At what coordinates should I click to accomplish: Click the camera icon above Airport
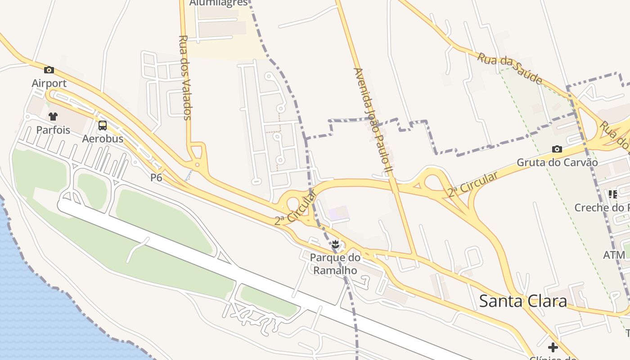pos(49,70)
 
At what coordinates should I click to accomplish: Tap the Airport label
pos(49,83)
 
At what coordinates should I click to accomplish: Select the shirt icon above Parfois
pos(53,117)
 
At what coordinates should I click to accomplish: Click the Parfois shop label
pos(53,130)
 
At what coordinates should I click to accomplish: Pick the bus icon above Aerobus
pos(103,125)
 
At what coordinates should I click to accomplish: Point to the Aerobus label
pos(103,139)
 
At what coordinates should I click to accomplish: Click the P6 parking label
pos(156,178)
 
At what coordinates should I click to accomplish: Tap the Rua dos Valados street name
pos(185,77)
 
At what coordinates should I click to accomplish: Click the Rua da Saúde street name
pos(509,68)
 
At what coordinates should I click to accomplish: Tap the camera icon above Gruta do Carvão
pos(557,149)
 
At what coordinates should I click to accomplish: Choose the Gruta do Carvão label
pos(557,162)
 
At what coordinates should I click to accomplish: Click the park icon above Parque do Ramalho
pos(335,245)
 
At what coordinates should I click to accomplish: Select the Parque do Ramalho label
pos(335,264)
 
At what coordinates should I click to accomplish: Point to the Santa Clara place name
pos(523,301)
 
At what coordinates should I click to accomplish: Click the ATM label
pos(614,255)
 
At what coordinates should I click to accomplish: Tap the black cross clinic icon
pos(553,347)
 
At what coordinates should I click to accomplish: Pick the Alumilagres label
pos(218,3)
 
